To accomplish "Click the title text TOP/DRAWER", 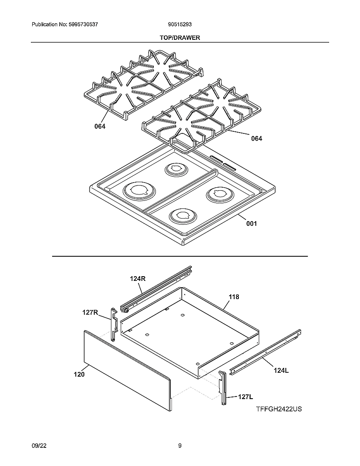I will [x=180, y=38].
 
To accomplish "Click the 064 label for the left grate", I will [x=100, y=127].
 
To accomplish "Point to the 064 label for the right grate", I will [x=256, y=139].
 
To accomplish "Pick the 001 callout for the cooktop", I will [x=252, y=224].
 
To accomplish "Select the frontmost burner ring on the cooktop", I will [x=183, y=216].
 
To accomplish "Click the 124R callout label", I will [x=138, y=278].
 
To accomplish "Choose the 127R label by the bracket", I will [x=90, y=313].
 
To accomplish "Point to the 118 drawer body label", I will [x=234, y=297].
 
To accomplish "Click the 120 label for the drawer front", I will [x=79, y=374].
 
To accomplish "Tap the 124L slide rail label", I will [x=281, y=370].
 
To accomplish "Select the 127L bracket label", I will [x=245, y=397].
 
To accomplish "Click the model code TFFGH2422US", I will [x=279, y=409].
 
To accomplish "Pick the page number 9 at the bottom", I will [x=180, y=446].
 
